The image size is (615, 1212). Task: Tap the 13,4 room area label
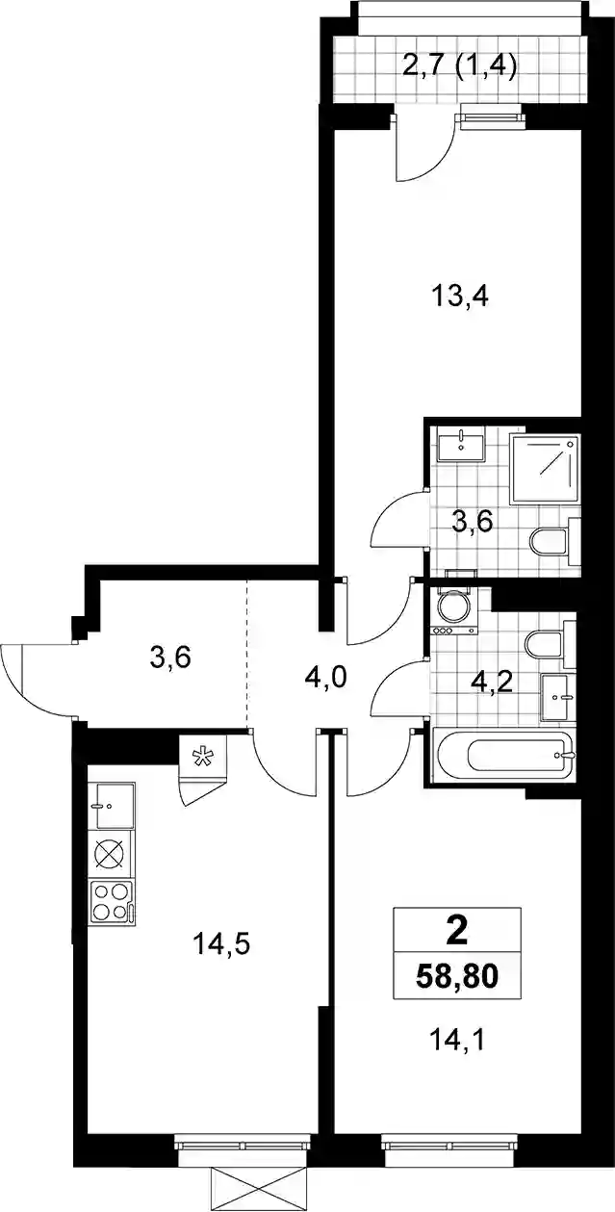pos(460,297)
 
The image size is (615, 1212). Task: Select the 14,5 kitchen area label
pos(220,944)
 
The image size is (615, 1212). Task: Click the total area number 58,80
pos(457,977)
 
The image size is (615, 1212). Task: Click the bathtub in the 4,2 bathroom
pos(504,756)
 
